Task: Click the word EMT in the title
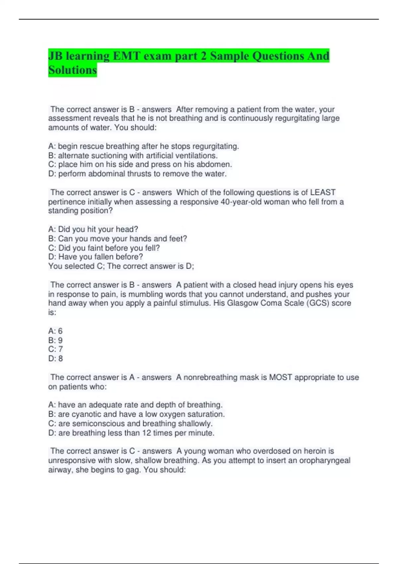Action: [126, 56]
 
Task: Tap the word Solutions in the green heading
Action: [73, 70]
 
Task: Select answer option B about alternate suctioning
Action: [133, 155]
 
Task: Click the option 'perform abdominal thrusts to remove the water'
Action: [137, 174]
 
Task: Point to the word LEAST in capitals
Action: [322, 192]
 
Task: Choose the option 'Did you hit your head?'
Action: [93, 229]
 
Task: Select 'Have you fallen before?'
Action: [96, 257]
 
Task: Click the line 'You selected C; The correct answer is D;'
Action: [121, 266]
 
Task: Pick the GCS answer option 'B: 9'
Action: [55, 340]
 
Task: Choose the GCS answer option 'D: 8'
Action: [55, 358]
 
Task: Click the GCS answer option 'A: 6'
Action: [55, 331]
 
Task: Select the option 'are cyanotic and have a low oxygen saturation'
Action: [136, 414]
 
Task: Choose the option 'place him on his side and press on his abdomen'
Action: [140, 164]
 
